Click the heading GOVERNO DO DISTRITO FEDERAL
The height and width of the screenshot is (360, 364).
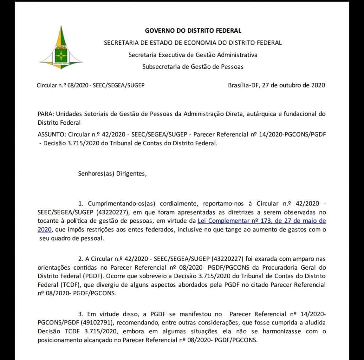click(x=193, y=31)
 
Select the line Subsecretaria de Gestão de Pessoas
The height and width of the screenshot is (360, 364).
click(x=193, y=66)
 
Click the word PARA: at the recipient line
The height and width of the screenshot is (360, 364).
click(x=45, y=114)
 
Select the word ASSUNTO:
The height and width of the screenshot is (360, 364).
click(x=52, y=135)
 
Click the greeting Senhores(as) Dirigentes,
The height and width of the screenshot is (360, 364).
click(x=112, y=174)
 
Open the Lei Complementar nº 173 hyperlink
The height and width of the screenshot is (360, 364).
click(x=261, y=221)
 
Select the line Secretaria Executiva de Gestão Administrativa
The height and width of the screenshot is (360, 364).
click(x=193, y=55)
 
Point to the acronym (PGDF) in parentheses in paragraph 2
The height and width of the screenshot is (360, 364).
click(x=92, y=276)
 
